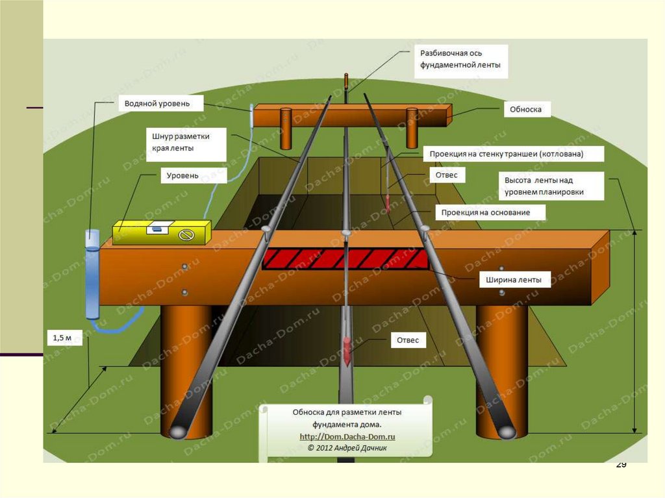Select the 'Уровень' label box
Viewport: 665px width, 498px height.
(182, 175)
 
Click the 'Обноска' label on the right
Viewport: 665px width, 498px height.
(526, 110)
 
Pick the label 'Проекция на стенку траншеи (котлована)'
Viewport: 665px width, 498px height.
(513, 154)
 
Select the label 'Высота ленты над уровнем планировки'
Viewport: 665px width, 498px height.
(551, 186)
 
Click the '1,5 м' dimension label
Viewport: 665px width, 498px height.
(63, 337)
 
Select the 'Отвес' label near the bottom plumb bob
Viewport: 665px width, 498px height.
(407, 340)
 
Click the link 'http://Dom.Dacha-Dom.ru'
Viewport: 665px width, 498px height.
(347, 437)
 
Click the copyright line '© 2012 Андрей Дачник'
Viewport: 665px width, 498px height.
(347, 448)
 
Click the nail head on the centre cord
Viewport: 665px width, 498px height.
(346, 231)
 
